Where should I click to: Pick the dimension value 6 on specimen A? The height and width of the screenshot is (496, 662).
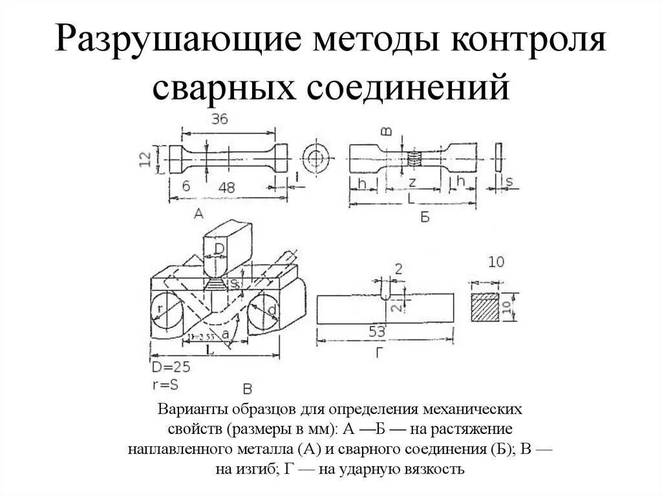[186, 186]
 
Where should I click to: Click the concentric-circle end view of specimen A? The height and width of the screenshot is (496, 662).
[317, 158]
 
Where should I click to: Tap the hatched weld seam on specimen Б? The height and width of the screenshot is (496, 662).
[414, 158]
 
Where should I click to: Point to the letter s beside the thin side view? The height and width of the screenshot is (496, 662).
[509, 182]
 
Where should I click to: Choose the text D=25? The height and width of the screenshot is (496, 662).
[171, 368]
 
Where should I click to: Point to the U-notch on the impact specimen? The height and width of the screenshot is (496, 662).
[385, 291]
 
